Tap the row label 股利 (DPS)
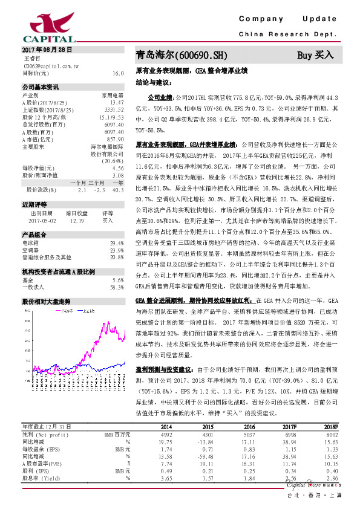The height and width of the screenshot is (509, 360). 38,470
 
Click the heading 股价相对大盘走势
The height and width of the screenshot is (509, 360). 46,300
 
